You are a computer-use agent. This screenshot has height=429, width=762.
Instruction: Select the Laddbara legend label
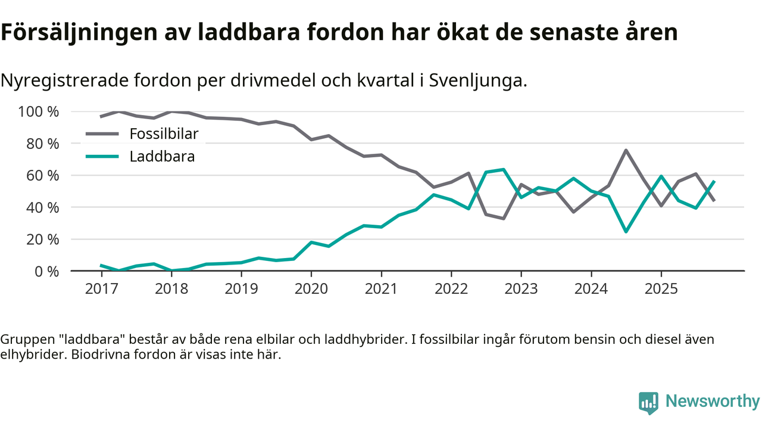(x=162, y=157)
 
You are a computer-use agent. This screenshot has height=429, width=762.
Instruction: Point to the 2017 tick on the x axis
(x=101, y=289)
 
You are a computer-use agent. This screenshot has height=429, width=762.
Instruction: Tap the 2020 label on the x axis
(x=311, y=289)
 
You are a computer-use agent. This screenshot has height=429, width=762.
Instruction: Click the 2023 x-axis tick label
(x=521, y=289)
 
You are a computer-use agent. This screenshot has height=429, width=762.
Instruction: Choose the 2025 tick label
(x=661, y=289)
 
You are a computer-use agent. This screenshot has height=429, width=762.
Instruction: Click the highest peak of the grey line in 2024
(x=626, y=150)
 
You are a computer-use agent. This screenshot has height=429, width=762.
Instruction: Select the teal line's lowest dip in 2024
(x=626, y=231)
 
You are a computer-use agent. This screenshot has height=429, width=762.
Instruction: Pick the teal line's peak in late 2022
(x=504, y=170)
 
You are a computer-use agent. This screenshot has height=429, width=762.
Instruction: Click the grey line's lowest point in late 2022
(x=504, y=218)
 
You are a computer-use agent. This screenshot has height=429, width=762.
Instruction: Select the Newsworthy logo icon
(x=648, y=402)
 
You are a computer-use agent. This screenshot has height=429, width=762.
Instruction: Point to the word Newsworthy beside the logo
(x=712, y=402)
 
